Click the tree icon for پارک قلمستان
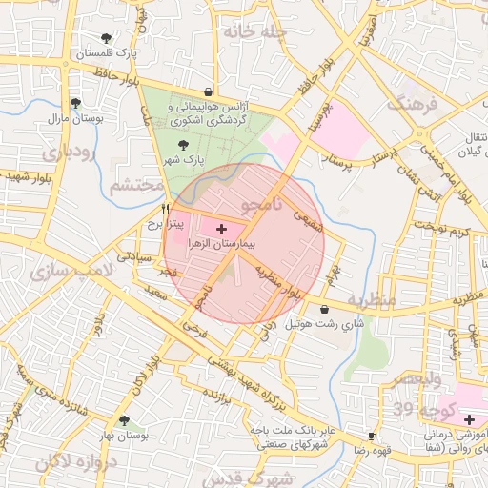click(106, 38)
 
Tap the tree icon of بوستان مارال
click(75, 103)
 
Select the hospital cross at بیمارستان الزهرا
click(222, 229)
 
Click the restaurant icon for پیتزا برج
click(167, 209)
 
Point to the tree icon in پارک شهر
click(183, 145)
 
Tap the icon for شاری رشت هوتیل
click(326, 309)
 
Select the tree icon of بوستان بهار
click(123, 419)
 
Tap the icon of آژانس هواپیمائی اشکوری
click(208, 92)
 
